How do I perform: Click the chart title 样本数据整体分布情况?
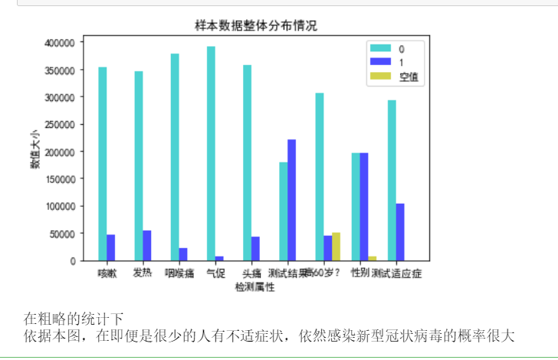(x=256, y=25)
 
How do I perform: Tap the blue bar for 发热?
(x=147, y=245)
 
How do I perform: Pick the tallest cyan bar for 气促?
(x=211, y=153)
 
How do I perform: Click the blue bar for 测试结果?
(x=291, y=200)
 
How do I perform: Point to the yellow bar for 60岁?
(x=336, y=246)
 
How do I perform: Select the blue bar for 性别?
(x=364, y=206)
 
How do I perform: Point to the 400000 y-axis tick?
(x=59, y=43)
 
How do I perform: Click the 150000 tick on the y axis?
(x=59, y=179)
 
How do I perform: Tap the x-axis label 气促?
(x=215, y=273)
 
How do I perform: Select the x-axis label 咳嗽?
(x=107, y=273)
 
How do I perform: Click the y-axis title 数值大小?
(x=35, y=152)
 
